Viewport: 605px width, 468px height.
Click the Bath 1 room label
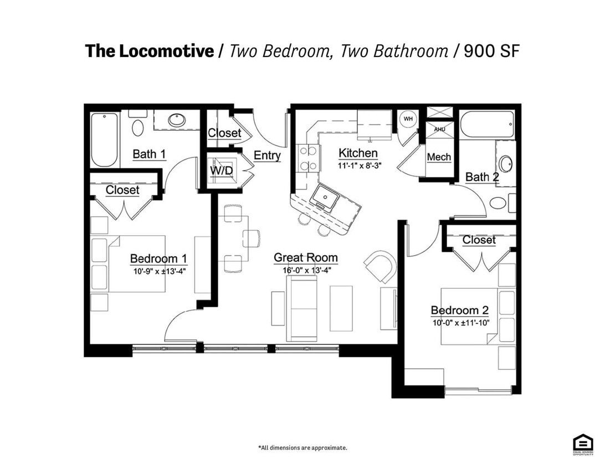click(x=149, y=154)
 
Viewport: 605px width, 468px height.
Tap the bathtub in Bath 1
click(x=104, y=139)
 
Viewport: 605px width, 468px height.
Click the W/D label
click(x=221, y=171)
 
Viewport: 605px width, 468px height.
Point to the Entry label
click(x=267, y=156)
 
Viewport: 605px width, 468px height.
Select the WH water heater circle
click(x=408, y=119)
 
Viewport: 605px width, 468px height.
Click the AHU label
click(x=439, y=129)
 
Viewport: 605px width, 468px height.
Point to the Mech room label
click(x=439, y=157)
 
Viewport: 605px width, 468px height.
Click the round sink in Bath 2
click(x=505, y=164)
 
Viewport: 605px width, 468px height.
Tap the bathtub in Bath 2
click(x=487, y=124)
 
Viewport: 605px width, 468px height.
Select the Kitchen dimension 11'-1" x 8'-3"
click(x=358, y=166)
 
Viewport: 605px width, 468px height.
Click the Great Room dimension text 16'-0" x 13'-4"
click(x=305, y=270)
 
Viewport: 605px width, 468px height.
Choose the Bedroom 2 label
click(x=459, y=311)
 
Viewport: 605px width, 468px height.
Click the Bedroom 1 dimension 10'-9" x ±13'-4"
click(x=160, y=272)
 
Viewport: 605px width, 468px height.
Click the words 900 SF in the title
click(x=491, y=51)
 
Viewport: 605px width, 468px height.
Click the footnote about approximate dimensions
click(x=302, y=447)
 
